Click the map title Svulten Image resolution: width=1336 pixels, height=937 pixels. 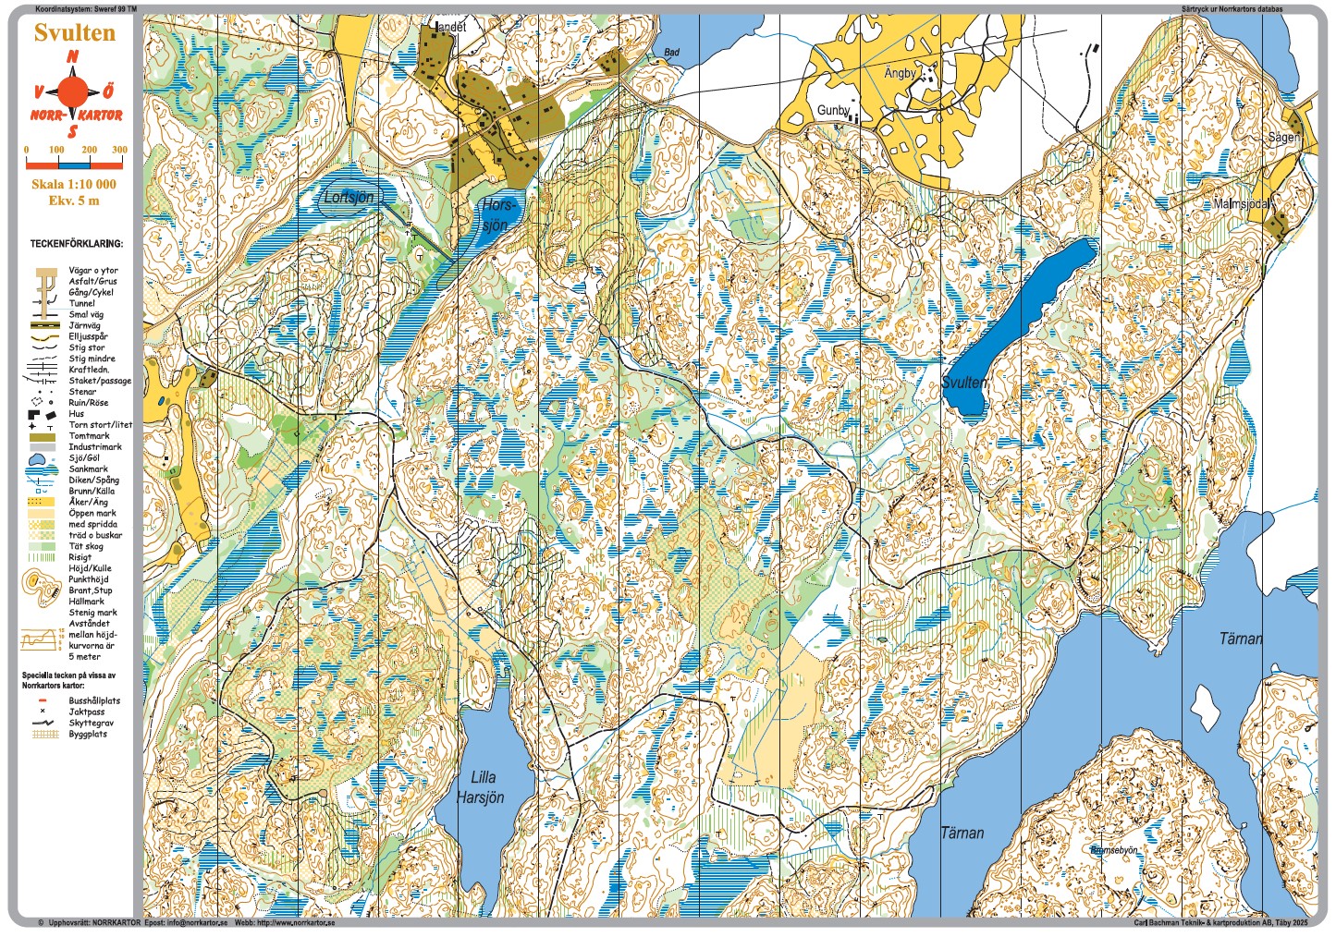coord(74,32)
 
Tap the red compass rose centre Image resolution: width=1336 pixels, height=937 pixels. coord(73,91)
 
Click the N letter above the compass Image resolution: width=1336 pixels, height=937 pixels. coord(73,57)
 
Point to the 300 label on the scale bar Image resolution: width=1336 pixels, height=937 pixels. coord(119,150)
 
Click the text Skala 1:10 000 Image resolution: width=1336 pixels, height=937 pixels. coord(74,184)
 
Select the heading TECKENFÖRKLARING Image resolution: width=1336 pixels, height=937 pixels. coord(76,244)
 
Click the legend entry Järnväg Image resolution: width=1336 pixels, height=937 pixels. coord(85,325)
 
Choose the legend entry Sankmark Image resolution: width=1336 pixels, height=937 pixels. coord(88,469)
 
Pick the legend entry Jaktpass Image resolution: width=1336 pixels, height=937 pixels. coord(87,712)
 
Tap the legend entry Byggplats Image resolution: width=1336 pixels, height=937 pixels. coord(88,735)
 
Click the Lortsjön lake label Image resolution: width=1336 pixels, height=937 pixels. coord(349,198)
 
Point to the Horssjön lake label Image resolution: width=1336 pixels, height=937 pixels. coord(496,214)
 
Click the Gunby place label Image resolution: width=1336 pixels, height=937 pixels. coord(833,110)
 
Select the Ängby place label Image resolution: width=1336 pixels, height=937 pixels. coord(900,73)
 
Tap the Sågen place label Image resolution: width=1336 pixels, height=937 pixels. coord(1283,137)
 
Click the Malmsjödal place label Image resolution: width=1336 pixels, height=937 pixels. coord(1241,203)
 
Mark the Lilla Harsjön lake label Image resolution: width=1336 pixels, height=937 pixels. coord(482,787)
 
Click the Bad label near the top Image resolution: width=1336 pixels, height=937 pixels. coord(672,53)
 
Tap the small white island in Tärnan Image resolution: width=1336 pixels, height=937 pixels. coord(1204,709)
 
